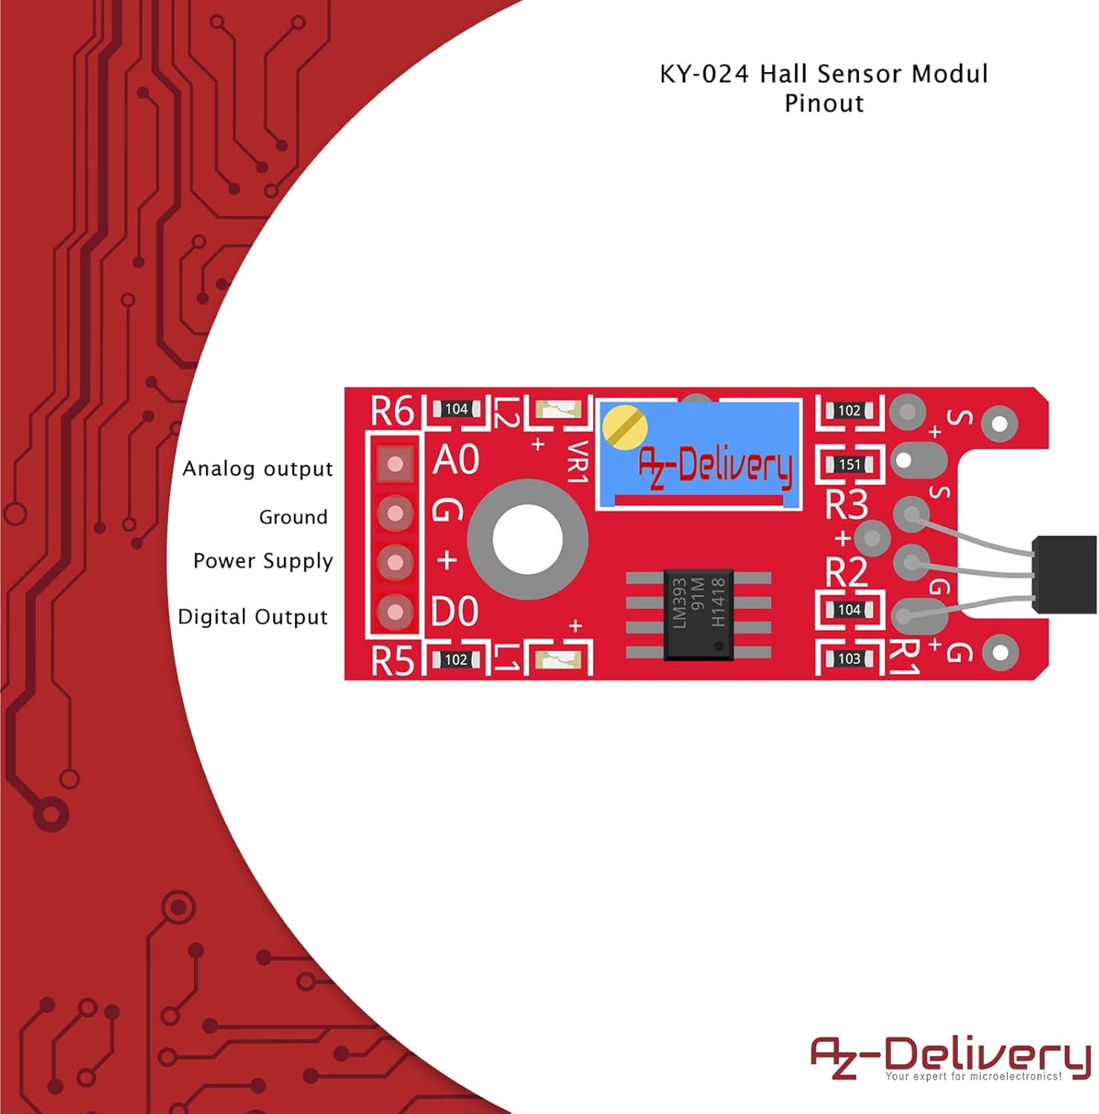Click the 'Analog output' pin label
258,469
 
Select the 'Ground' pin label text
294,517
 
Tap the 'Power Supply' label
263,561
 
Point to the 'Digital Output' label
253,617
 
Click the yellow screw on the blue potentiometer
624,428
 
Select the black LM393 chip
698,613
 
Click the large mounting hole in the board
528,540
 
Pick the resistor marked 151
849,465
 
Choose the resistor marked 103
849,659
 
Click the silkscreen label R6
392,411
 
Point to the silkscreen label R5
392,660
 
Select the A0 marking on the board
456,460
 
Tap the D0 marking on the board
456,612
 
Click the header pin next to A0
395,464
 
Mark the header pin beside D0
395,612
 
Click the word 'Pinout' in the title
825,103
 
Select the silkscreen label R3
847,505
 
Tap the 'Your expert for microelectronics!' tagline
973,1076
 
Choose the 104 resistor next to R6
456,409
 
